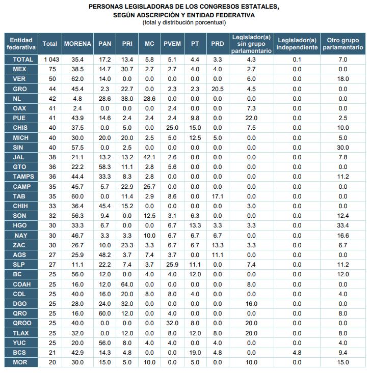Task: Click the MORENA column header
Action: point(77,44)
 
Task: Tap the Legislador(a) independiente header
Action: point(297,44)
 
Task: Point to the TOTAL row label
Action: point(21,60)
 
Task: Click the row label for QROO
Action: point(21,323)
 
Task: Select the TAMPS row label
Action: point(21,177)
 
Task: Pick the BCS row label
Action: point(21,353)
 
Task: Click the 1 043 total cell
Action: point(50,60)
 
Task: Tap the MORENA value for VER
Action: point(77,79)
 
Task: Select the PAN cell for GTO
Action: point(105,167)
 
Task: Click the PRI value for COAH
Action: point(127,284)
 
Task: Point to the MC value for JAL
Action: point(149,157)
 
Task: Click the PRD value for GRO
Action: point(217,89)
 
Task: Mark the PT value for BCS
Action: point(195,353)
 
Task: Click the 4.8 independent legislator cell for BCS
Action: point(297,353)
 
